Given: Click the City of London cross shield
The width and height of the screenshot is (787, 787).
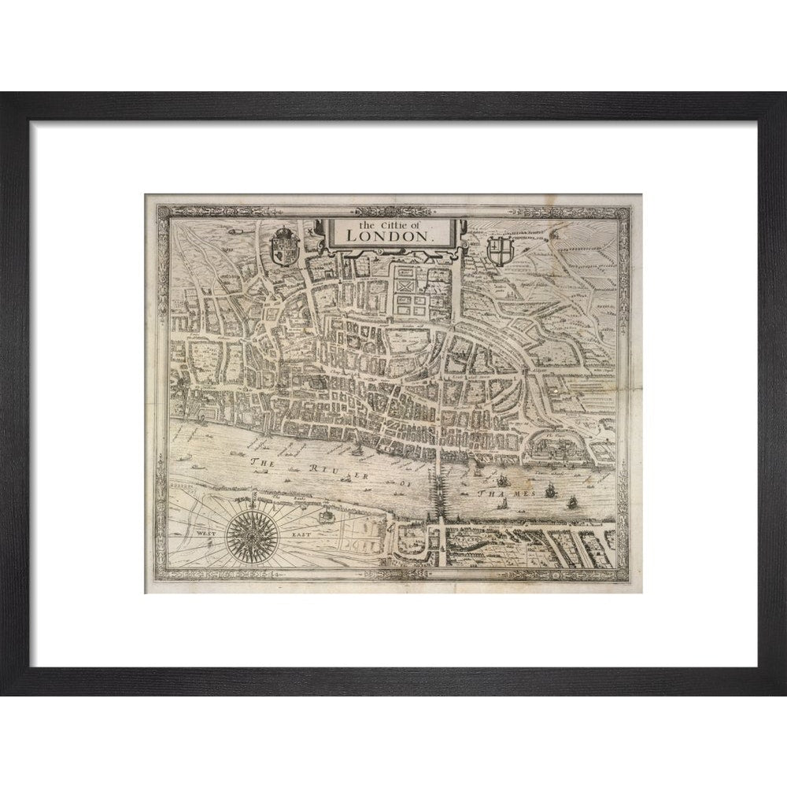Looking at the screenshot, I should click(499, 251).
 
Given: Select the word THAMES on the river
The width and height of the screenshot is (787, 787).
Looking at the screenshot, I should click(508, 491).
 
